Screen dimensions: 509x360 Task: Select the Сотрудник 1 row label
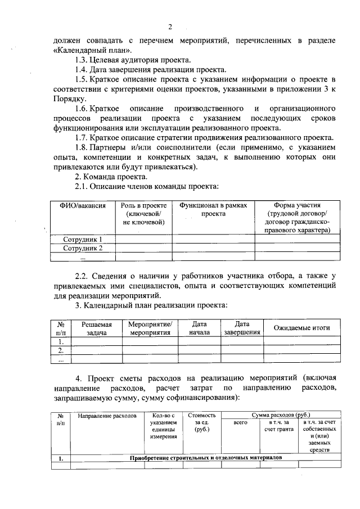pyautogui.click(x=83, y=240)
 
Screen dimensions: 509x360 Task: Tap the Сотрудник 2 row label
pyautogui.click(x=83, y=248)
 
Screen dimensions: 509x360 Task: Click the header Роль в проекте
pyautogui.click(x=143, y=214)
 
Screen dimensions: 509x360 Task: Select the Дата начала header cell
pyautogui.click(x=200, y=328)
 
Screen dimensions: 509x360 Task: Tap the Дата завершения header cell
pyautogui.click(x=242, y=328)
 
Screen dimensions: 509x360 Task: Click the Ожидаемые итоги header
pyautogui.click(x=301, y=328)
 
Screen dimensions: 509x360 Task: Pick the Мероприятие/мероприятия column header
pyautogui.click(x=150, y=328)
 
